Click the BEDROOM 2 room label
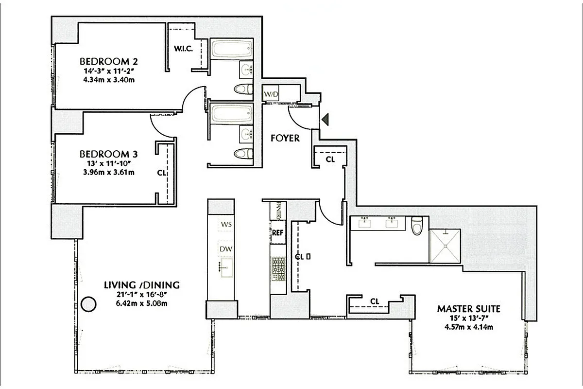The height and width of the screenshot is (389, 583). [x=109, y=62]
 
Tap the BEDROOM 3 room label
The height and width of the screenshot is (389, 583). [x=109, y=154]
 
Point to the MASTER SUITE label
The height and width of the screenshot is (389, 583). [x=468, y=308]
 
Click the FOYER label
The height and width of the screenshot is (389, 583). [x=285, y=138]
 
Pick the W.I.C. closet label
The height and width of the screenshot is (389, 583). [x=184, y=49]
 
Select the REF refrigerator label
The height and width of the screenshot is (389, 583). [x=277, y=232]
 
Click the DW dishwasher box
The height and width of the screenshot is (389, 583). [x=226, y=249]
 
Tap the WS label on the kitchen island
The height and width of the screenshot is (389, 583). [x=226, y=224]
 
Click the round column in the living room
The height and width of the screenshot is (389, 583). [x=88, y=304]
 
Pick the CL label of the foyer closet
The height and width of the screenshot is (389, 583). [x=330, y=159]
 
